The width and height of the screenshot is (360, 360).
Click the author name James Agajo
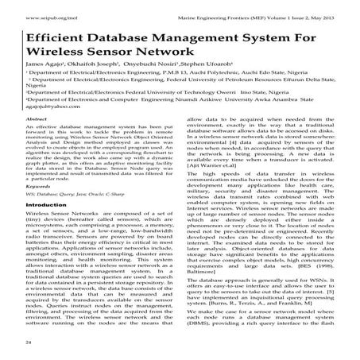click(45, 73)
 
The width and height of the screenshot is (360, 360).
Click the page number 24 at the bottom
click(29, 341)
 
